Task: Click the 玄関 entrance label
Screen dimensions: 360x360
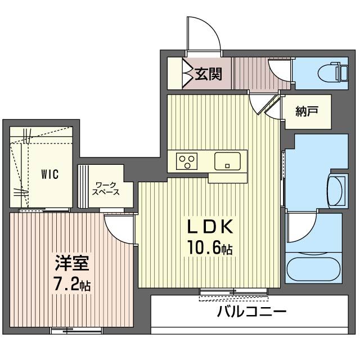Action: pos(209,74)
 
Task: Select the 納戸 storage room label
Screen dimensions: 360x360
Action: pos(307,111)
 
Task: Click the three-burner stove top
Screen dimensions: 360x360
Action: pos(187,161)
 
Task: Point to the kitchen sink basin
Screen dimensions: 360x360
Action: pos(227,161)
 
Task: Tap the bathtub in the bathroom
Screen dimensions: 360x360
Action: pos(313,268)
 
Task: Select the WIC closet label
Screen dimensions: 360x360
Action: pos(50,174)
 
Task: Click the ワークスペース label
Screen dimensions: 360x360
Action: pos(106,188)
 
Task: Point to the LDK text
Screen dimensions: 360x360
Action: pos(210,226)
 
